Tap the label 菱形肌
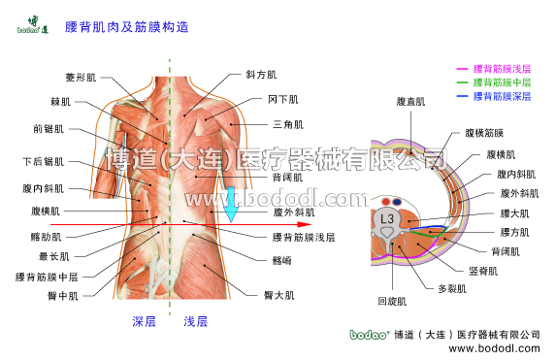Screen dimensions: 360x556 (82, 76)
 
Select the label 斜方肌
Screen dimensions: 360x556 (261, 74)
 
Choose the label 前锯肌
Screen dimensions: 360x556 (48, 128)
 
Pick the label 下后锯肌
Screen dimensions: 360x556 (43, 161)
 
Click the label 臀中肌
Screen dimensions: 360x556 (63, 295)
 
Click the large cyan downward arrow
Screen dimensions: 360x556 (231, 205)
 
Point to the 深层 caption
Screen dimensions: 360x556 (144, 321)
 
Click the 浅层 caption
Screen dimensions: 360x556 (195, 321)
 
